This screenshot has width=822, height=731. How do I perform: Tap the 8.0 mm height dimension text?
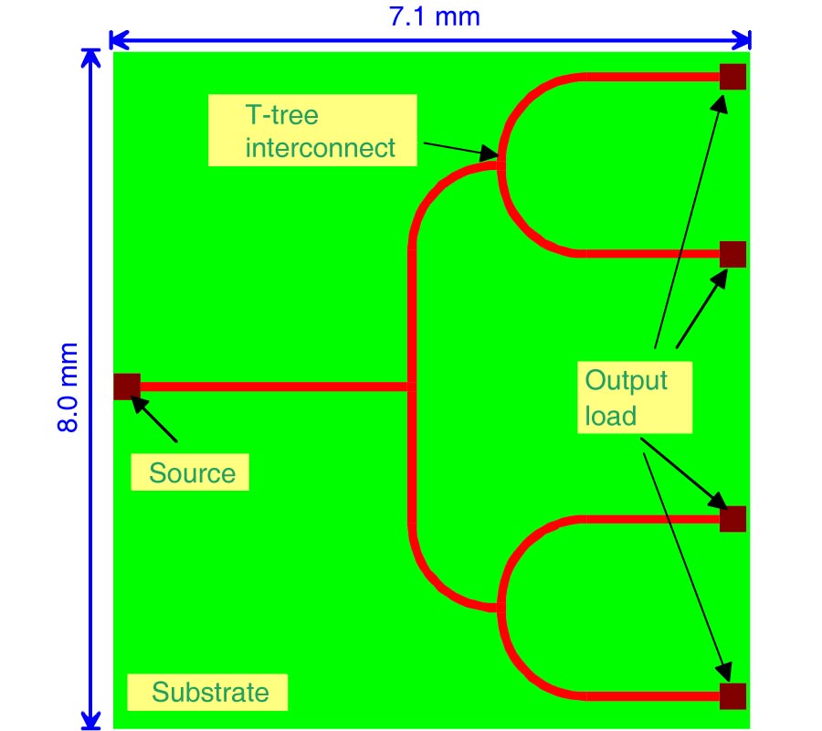coord(70,388)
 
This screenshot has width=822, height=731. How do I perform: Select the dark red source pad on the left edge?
coord(125,387)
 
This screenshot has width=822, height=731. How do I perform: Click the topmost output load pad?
coord(732,77)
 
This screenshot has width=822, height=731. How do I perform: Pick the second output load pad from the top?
coord(732,254)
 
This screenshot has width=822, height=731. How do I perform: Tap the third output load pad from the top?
coord(732,519)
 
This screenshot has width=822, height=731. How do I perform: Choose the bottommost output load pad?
coord(732,695)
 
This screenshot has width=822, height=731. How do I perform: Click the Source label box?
coord(190,473)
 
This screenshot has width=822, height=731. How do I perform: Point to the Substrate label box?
coord(207,693)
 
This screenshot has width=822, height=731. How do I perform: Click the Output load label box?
coord(634,397)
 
